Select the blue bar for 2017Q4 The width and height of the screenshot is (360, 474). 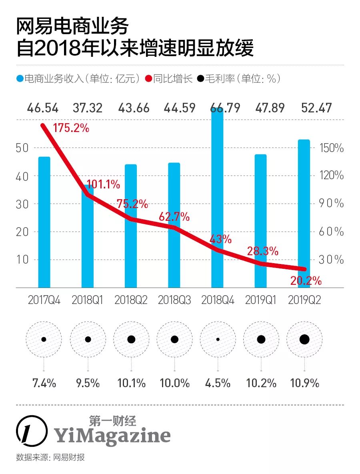click(x=44, y=222)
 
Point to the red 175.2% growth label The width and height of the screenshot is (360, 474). click(x=71, y=129)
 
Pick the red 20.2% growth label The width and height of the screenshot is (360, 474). click(x=306, y=281)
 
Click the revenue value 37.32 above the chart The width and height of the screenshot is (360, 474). click(x=87, y=108)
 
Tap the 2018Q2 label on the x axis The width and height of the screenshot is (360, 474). click(x=130, y=300)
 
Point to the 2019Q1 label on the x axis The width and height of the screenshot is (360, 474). click(x=261, y=300)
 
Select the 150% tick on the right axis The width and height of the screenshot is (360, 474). click(x=331, y=148)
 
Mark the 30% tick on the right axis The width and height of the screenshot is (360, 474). click(x=331, y=260)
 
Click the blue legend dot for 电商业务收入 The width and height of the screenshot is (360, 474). click(x=20, y=79)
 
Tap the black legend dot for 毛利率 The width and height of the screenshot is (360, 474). click(x=200, y=79)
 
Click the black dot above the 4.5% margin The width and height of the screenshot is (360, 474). click(x=218, y=339)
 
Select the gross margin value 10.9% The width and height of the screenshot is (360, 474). click(x=304, y=383)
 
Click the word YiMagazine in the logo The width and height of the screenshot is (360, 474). click(x=112, y=436)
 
